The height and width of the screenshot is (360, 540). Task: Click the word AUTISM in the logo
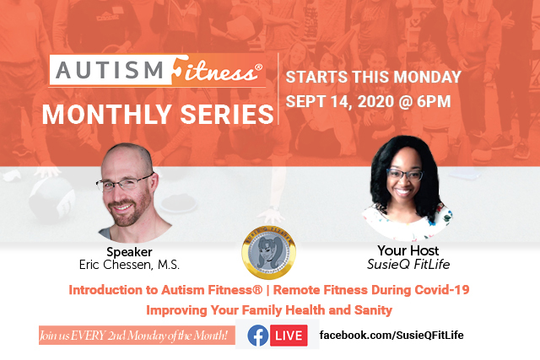click(110, 70)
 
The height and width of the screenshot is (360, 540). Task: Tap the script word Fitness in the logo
click(216, 70)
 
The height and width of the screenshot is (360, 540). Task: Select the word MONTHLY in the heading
click(107, 115)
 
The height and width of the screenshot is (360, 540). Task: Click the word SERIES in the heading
click(227, 115)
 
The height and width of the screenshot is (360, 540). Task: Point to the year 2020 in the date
click(375, 101)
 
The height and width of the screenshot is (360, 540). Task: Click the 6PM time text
click(434, 101)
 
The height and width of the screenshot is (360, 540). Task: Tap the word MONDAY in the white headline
click(427, 77)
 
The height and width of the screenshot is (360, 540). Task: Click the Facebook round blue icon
click(257, 336)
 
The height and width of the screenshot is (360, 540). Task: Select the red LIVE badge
click(289, 336)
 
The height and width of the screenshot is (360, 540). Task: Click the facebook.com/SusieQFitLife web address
click(391, 336)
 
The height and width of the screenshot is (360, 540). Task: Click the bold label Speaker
click(129, 252)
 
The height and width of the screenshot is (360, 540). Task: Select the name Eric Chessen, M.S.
click(129, 265)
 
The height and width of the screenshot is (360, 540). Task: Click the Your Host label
click(408, 250)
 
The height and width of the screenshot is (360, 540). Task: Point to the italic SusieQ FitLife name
click(408, 264)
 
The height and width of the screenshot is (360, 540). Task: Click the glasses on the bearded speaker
click(124, 183)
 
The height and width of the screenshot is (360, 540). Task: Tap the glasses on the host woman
click(405, 175)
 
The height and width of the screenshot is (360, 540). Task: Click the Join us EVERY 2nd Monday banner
click(137, 336)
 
